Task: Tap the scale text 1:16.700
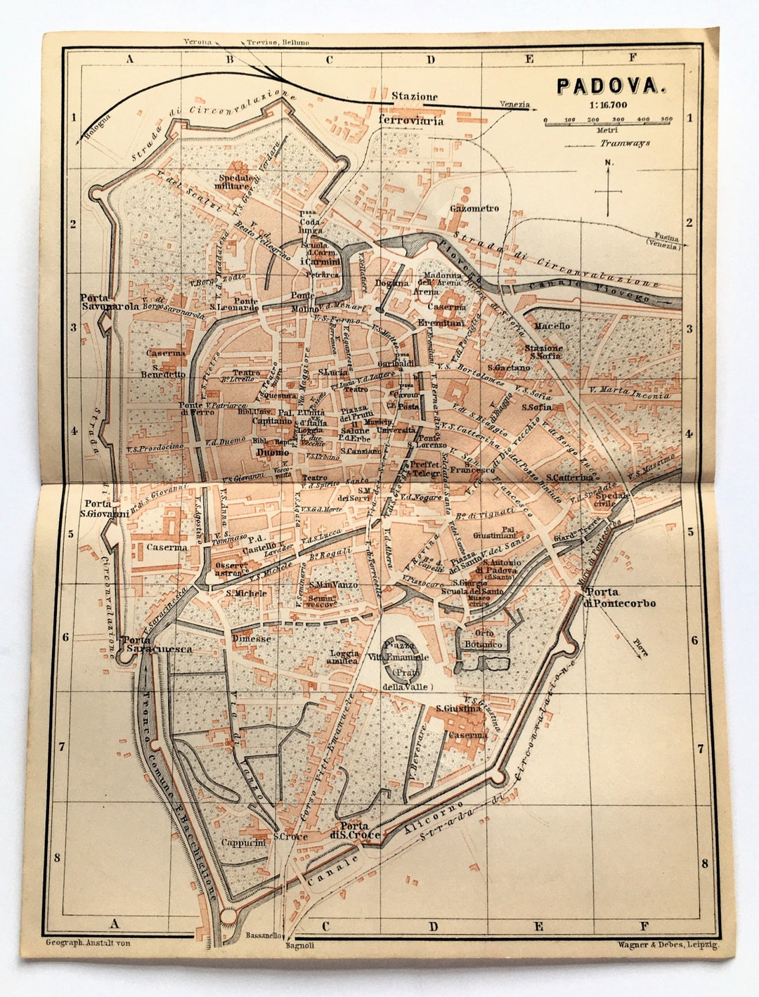(x=609, y=105)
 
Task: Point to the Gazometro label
(x=474, y=209)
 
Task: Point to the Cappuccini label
(x=244, y=842)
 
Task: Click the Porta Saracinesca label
(x=155, y=644)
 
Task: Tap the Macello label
(x=552, y=326)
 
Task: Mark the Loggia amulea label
(x=344, y=657)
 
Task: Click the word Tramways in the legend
(x=624, y=143)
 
